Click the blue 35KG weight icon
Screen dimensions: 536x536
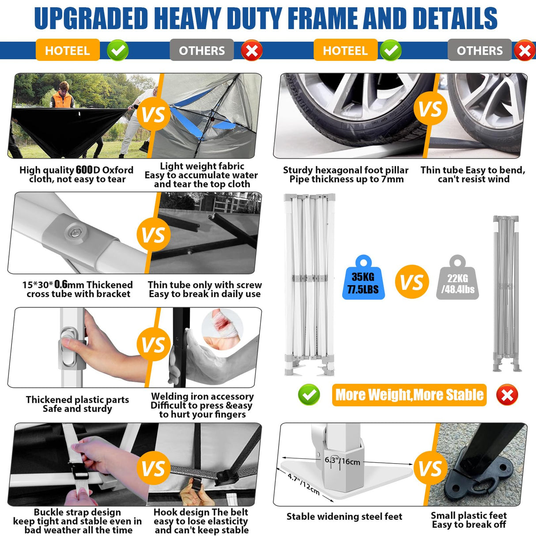[363, 278]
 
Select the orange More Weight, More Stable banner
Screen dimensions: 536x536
[409, 395]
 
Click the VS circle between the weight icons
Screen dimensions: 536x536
[411, 282]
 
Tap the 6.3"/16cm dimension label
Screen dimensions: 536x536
[343, 461]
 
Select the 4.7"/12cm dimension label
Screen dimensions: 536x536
[304, 484]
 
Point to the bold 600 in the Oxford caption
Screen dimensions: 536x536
[84, 170]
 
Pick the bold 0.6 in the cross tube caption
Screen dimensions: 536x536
[61, 284]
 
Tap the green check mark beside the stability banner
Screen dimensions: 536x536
[309, 395]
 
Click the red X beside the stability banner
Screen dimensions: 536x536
[507, 395]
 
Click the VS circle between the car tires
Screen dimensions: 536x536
[430, 109]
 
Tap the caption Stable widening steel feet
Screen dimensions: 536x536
[344, 516]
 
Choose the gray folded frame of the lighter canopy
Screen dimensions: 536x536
[506, 294]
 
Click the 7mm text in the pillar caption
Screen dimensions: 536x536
[393, 179]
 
